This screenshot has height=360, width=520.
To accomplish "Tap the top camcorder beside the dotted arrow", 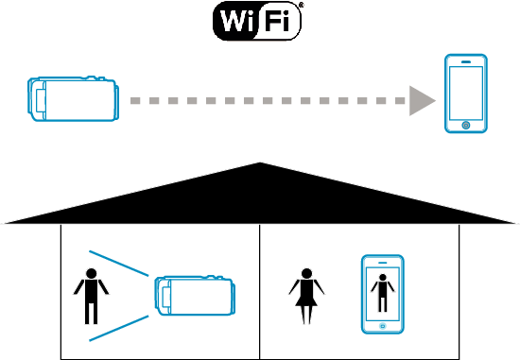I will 73,99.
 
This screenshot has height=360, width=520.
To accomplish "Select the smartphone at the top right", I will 466,94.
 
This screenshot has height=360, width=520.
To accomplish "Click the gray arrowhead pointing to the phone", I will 423,99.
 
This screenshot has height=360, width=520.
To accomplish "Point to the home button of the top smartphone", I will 465,125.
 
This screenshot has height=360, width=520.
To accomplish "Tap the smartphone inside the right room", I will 382,294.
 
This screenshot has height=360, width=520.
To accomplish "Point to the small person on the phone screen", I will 382,290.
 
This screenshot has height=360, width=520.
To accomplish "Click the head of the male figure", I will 92,276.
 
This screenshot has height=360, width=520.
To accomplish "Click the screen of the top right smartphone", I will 466,91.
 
